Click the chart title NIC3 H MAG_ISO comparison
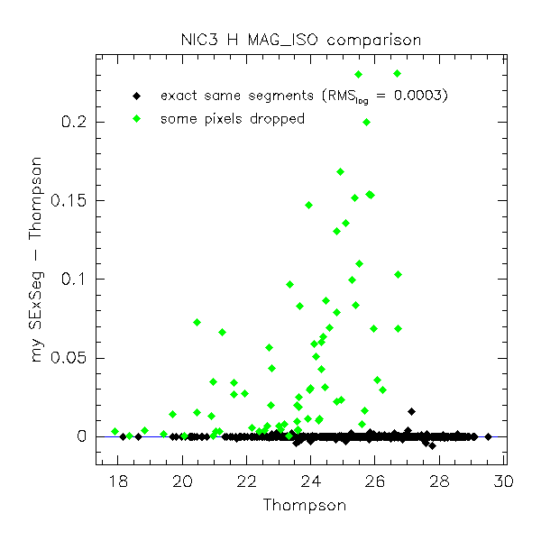coord(299,40)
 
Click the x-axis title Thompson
coord(304,506)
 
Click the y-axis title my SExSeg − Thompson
coord(38,258)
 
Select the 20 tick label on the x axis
coord(182,481)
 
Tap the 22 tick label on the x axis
coord(246,481)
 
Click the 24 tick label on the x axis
coord(310,481)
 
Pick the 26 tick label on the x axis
coord(374,481)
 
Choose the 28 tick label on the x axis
coord(438,481)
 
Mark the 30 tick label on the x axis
coord(502,481)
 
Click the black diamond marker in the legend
coord(135,96)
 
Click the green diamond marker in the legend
coord(135,118)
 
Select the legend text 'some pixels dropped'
coord(232,118)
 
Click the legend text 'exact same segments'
coord(237,96)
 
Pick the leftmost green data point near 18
coord(115,431)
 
